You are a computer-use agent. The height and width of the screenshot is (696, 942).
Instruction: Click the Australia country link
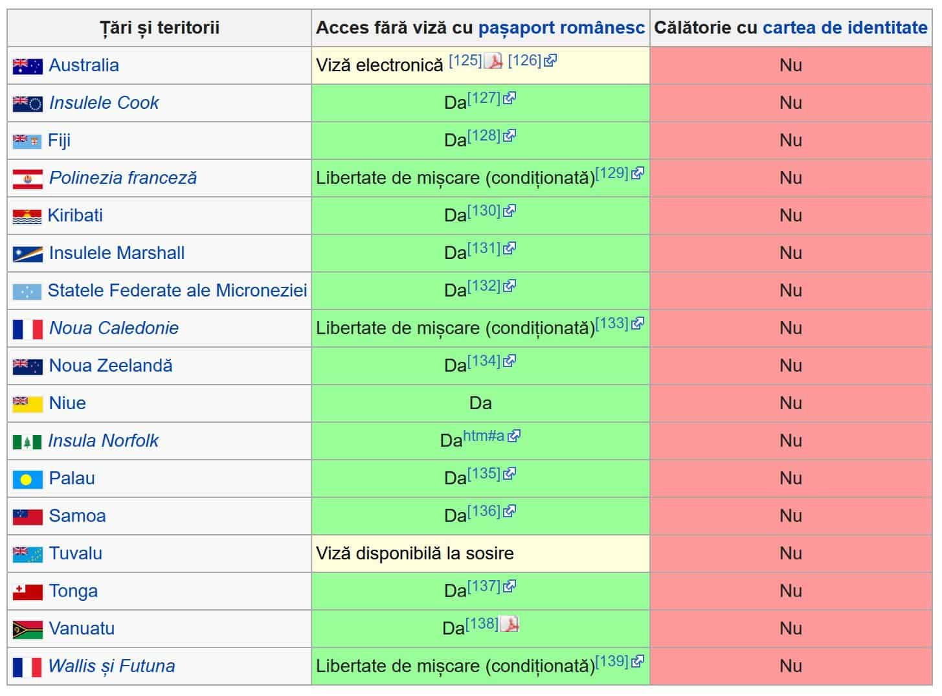coord(84,65)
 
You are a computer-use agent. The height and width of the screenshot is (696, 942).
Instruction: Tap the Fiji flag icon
coord(27,140)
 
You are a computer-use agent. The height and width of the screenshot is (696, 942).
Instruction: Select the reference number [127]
coord(484,98)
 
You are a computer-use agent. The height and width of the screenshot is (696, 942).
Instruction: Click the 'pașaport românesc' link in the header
coord(561,28)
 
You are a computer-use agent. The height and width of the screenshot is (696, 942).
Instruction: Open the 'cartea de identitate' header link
coord(845,28)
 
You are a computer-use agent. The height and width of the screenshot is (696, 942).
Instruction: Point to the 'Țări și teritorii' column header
coord(159,28)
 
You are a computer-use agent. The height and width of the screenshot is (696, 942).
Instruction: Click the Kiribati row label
coord(75,216)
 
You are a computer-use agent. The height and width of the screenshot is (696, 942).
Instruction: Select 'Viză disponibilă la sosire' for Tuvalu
coord(414,554)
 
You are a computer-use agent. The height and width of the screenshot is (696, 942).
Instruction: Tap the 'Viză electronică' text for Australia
coord(379,65)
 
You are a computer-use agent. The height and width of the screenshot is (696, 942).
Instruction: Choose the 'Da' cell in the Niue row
coord(480,403)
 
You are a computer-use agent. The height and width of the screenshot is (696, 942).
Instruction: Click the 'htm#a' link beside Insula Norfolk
coord(484,436)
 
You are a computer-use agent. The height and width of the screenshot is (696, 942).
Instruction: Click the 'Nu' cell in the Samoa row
coord(791,516)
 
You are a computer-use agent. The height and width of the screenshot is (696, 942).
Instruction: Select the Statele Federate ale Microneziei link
coord(177,291)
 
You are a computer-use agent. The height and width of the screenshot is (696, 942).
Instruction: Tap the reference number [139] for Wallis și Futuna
coord(612,661)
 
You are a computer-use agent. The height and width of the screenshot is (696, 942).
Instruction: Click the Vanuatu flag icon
coord(27,629)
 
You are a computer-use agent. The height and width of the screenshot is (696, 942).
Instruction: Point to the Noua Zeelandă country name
coord(111,366)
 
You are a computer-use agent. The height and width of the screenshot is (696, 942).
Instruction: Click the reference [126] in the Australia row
coord(524,61)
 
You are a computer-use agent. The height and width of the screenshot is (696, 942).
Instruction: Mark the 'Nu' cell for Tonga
coord(791,591)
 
